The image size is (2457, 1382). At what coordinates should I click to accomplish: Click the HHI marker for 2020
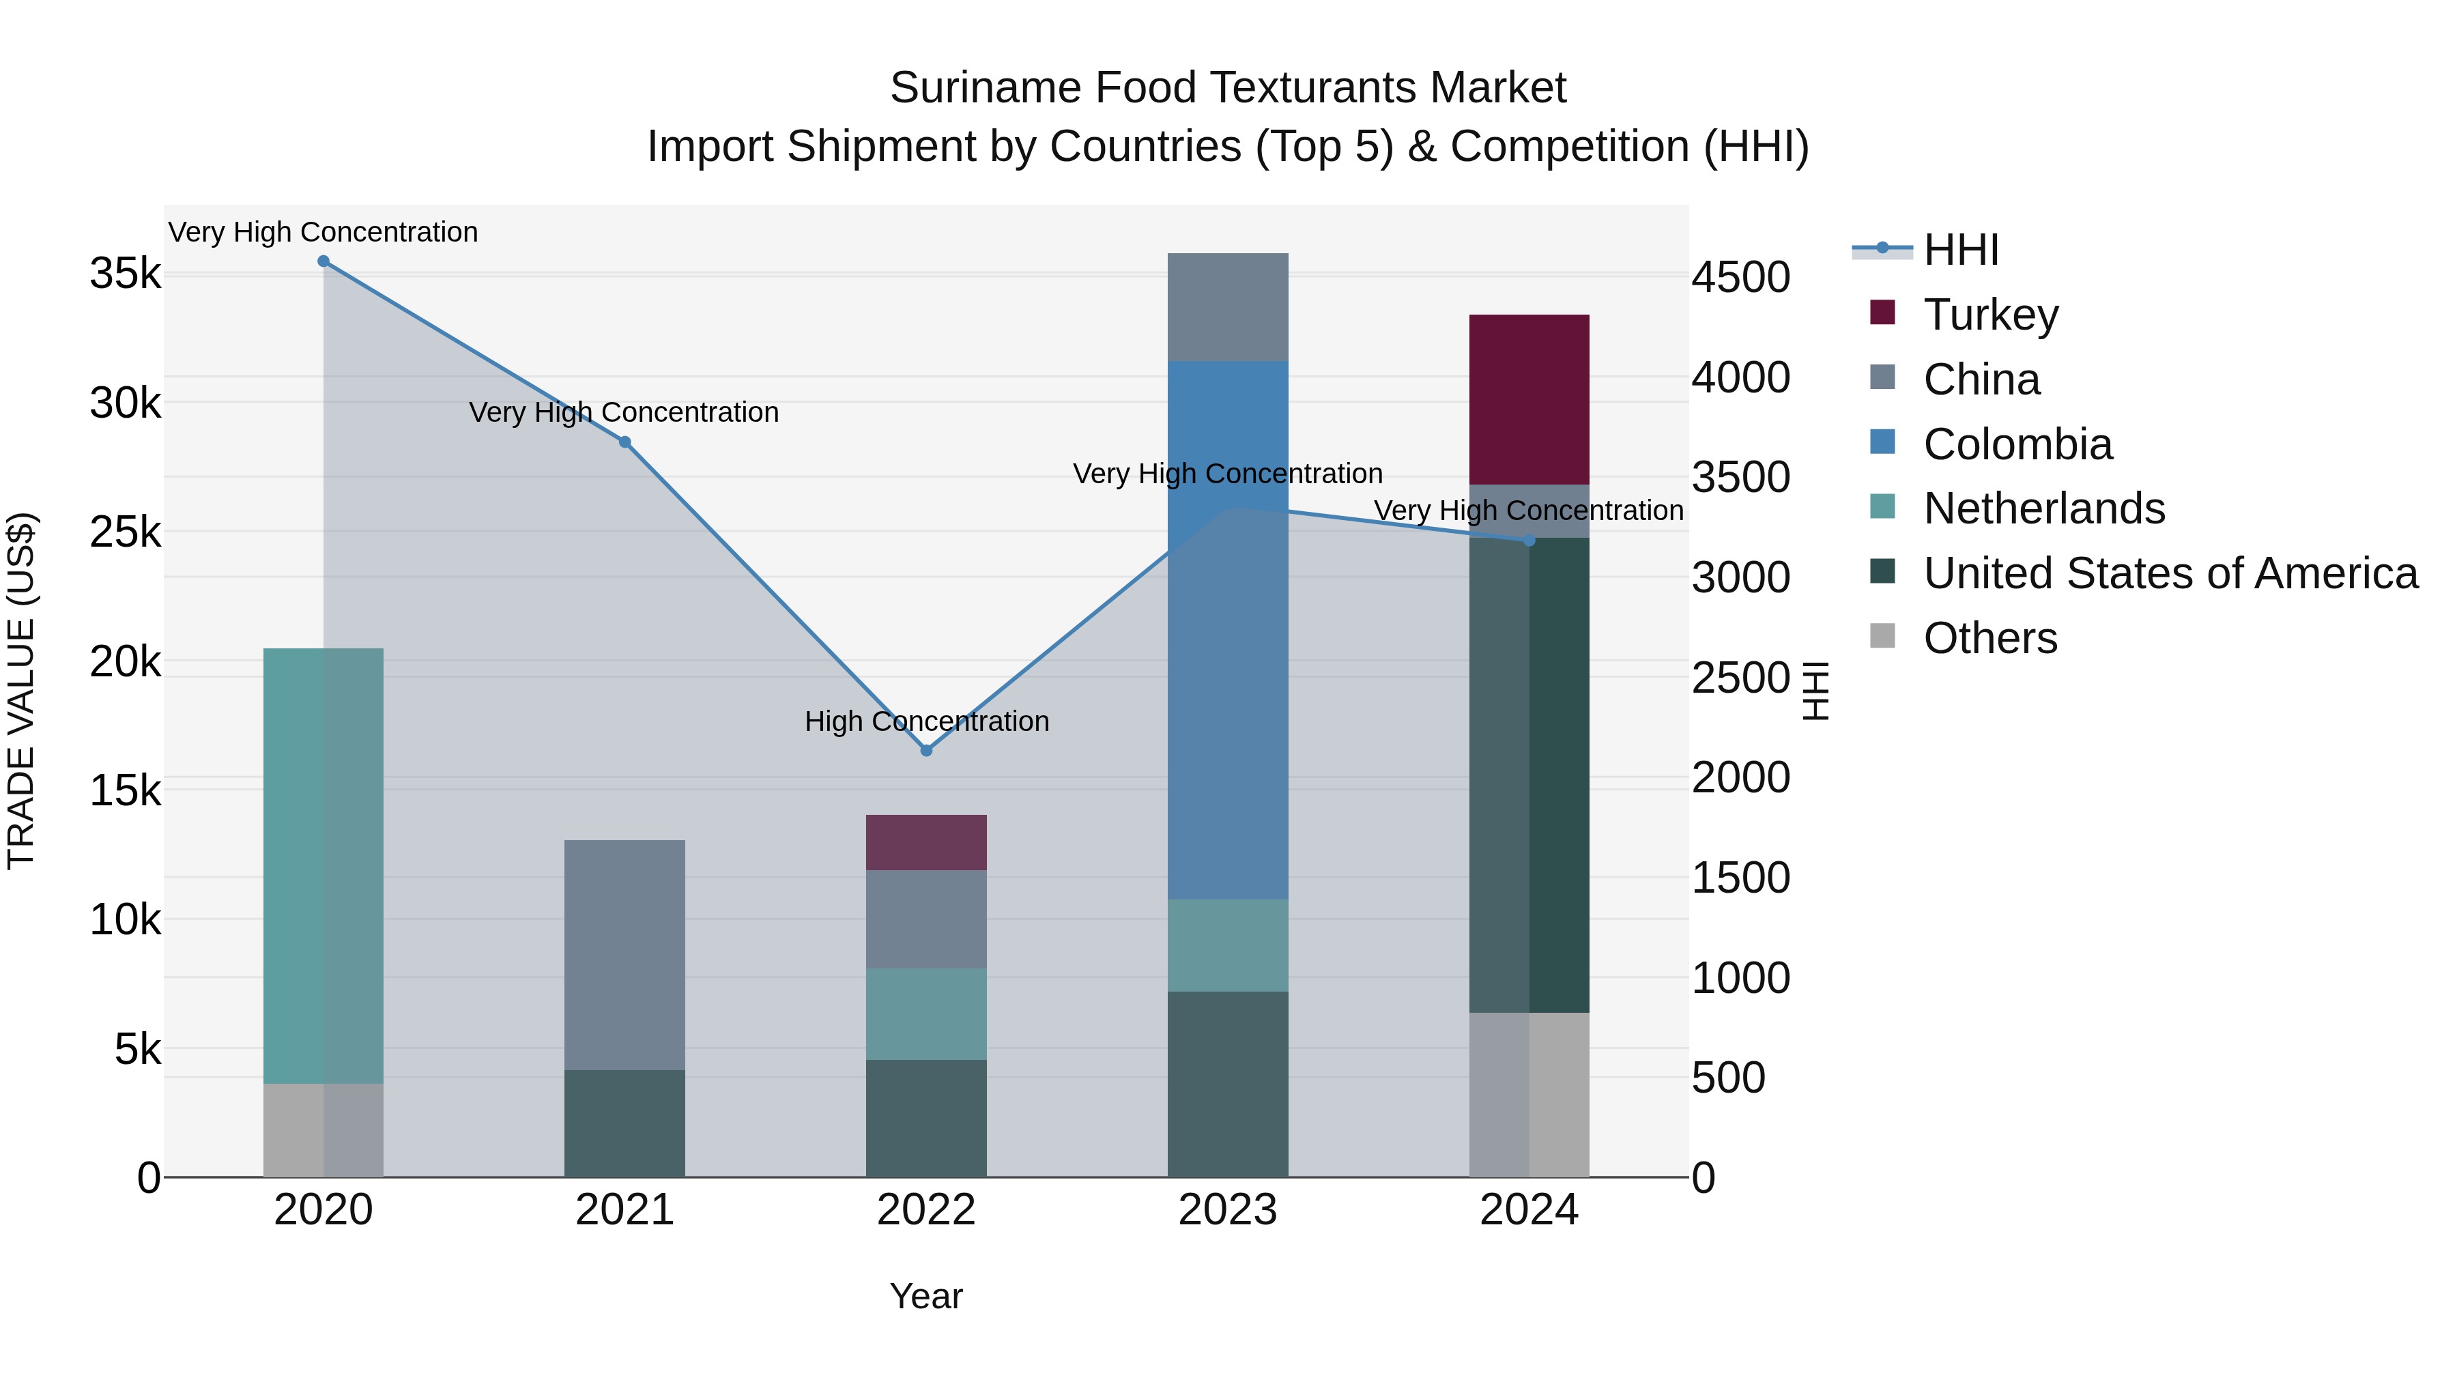point(324,261)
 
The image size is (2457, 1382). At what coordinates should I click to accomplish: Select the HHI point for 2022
point(926,751)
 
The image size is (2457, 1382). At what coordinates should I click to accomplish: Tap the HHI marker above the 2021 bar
point(624,442)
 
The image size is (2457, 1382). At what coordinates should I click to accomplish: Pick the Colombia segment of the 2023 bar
point(1228,629)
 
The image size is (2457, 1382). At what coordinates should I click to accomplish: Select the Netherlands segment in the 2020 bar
point(324,865)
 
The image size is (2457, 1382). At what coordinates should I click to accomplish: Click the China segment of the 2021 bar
point(624,954)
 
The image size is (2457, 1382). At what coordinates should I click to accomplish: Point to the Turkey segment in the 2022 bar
point(926,842)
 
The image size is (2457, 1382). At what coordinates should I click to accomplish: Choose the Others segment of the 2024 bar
point(1529,1094)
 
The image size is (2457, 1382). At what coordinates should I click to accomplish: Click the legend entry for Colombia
point(2017,444)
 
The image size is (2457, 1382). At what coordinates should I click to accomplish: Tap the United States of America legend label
point(2170,573)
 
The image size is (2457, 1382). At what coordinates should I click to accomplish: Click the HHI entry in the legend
point(1960,250)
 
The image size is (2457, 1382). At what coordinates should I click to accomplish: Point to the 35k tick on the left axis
point(125,274)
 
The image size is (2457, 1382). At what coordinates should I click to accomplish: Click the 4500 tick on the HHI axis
point(1740,278)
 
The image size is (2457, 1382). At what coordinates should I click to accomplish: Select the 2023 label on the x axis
point(1228,1210)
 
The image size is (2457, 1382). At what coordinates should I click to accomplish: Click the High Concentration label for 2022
point(926,721)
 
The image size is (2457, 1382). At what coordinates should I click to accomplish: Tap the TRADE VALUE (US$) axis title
point(21,691)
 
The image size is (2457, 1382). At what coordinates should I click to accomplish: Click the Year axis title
point(926,1296)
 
